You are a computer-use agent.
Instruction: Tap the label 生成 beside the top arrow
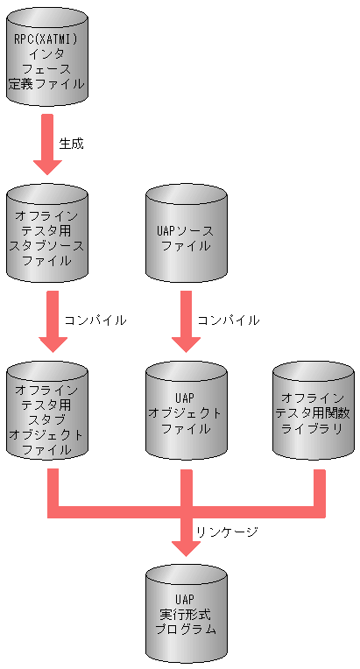pyautogui.click(x=72, y=143)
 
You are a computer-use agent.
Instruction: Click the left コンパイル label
pyautogui.click(x=95, y=320)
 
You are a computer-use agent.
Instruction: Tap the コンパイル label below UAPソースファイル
pyautogui.click(x=229, y=320)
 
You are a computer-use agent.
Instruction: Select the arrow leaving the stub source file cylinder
pyautogui.click(x=47, y=323)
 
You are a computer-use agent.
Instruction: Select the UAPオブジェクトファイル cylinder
pyautogui.click(x=185, y=412)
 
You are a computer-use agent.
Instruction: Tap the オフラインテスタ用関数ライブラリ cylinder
pyautogui.click(x=314, y=412)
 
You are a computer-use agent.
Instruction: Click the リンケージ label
pyautogui.click(x=227, y=532)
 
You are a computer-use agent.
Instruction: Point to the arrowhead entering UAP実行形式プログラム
pyautogui.click(x=185, y=546)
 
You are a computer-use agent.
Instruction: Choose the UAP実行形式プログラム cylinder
pyautogui.click(x=185, y=614)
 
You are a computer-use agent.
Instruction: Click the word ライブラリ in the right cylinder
pyautogui.click(x=314, y=428)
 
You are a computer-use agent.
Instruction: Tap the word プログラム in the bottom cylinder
pyautogui.click(x=185, y=630)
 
